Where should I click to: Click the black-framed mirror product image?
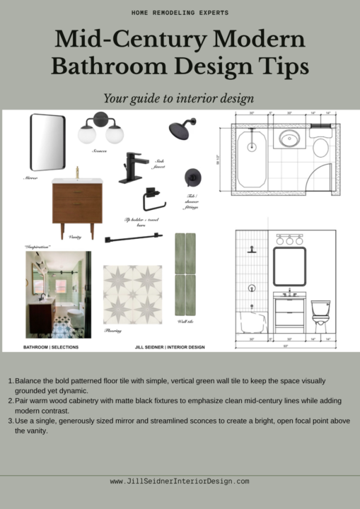(47, 143)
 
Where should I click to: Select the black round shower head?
(182, 129)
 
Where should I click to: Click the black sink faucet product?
(135, 166)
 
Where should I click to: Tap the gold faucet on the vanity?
(77, 172)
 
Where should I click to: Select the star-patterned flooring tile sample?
(132, 295)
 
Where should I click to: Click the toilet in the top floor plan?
(320, 148)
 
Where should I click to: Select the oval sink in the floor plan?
(290, 138)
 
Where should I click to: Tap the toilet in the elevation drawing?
(322, 316)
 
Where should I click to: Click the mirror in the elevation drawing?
(289, 267)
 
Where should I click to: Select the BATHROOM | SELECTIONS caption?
(51, 347)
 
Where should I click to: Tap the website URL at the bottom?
(180, 481)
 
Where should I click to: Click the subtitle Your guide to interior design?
(180, 98)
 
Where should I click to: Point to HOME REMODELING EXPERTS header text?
(180, 13)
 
